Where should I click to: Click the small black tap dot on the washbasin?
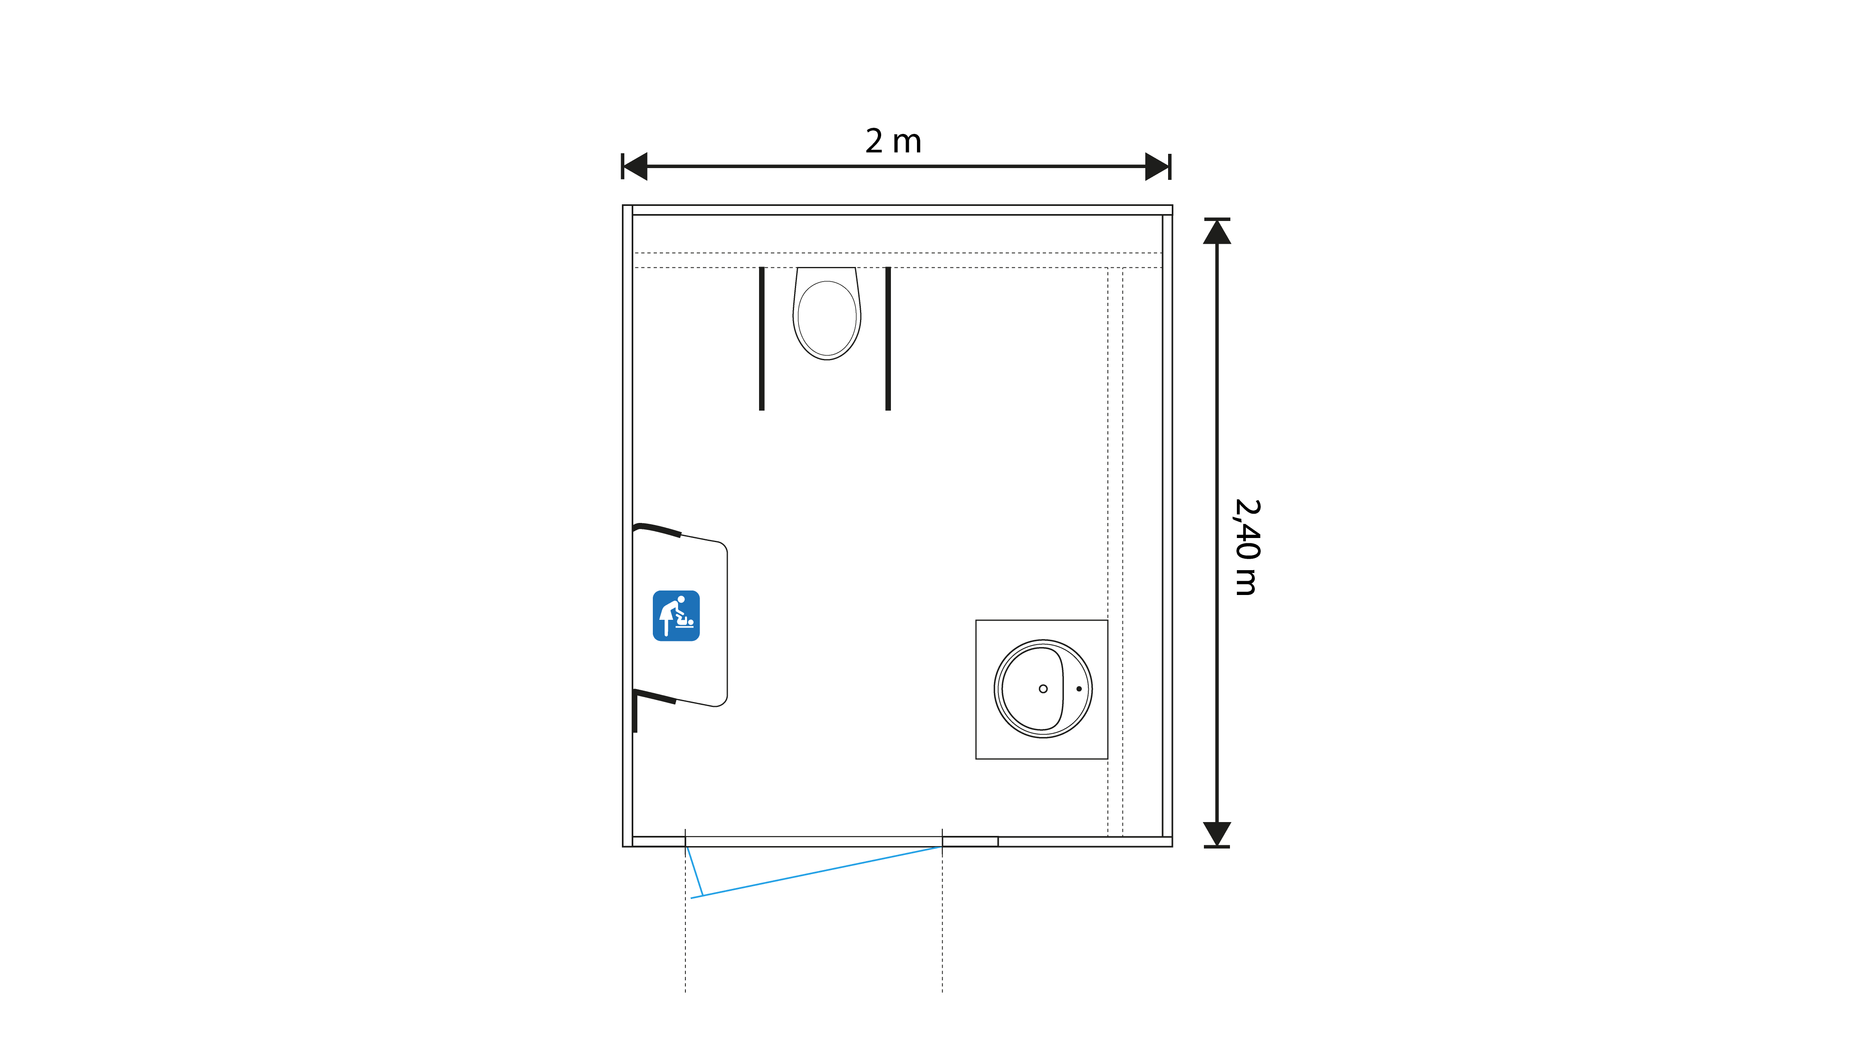click(1079, 689)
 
